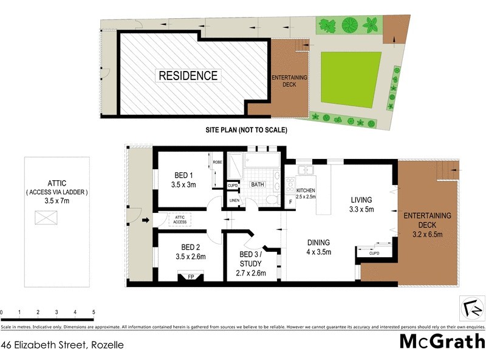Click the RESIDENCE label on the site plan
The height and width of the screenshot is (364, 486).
click(x=188, y=76)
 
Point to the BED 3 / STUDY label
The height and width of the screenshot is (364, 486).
click(x=250, y=263)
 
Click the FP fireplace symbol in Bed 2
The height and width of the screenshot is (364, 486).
click(x=190, y=277)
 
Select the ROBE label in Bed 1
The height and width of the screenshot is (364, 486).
click(x=217, y=163)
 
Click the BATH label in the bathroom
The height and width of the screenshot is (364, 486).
click(x=258, y=184)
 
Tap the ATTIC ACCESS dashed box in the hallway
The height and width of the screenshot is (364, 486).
click(x=180, y=220)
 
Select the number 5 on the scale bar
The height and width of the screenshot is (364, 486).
click(x=94, y=312)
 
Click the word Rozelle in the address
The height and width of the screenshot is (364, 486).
click(x=108, y=345)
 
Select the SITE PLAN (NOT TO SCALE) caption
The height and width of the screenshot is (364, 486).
click(x=245, y=130)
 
